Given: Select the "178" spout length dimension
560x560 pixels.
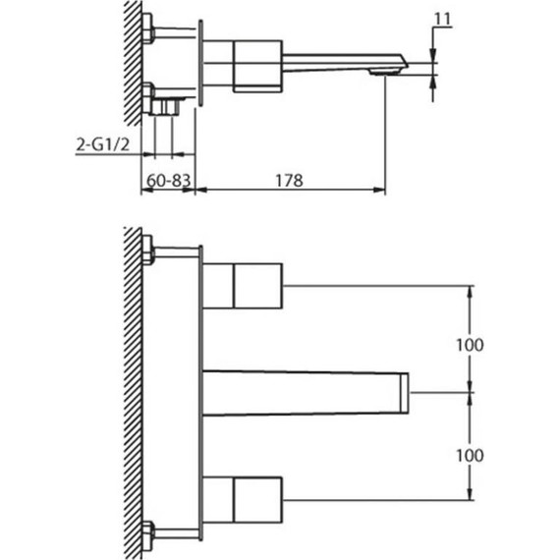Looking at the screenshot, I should (x=287, y=181).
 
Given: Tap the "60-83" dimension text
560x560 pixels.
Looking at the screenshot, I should (x=167, y=181).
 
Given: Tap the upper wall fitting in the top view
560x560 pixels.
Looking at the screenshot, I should (x=149, y=28).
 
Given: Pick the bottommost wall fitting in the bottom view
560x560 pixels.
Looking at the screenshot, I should (x=149, y=535).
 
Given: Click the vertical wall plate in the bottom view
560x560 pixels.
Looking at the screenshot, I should (x=201, y=393).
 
